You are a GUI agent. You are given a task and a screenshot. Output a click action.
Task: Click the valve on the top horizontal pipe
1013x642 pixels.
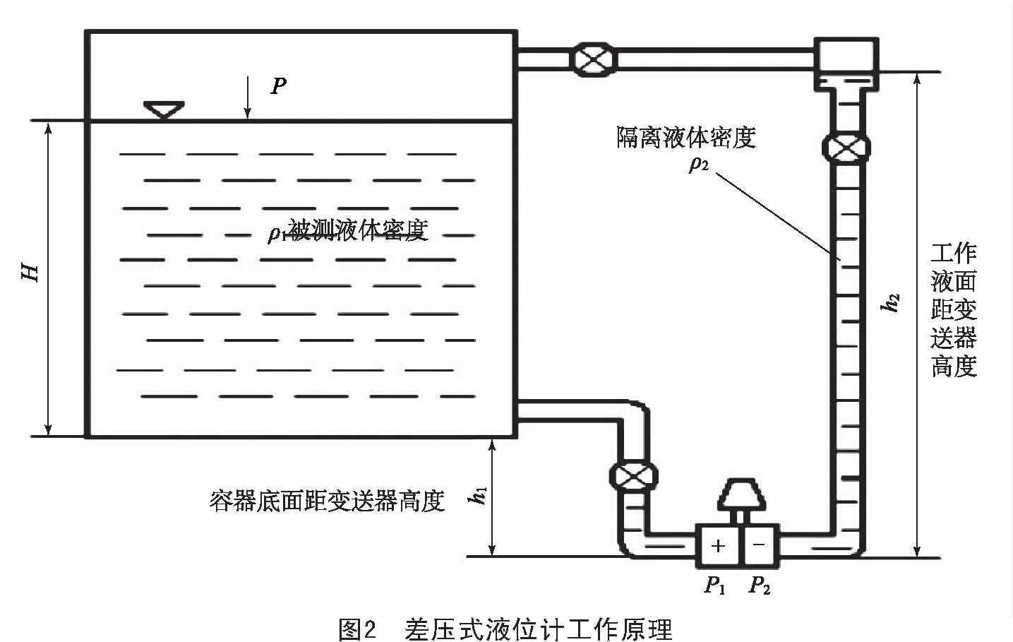pos(592,59)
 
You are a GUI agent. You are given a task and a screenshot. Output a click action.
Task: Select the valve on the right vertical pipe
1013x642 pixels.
pos(846,148)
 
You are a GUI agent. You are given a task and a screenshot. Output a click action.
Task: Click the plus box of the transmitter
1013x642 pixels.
pos(718,545)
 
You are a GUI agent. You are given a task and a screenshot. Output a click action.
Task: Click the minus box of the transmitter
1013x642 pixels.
pos(760,545)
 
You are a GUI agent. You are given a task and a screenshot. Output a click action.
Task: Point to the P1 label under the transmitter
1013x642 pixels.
pos(715,585)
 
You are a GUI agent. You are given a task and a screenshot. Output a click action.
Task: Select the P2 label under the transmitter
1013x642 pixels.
pos(760,585)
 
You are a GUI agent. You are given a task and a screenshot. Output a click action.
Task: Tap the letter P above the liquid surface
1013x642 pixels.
pos(279,86)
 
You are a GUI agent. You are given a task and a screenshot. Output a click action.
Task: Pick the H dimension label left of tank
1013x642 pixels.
pos(30,272)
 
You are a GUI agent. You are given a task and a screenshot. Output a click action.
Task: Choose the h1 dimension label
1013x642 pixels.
pos(478,495)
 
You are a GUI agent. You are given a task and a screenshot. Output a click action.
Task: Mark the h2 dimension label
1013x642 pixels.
pos(892,302)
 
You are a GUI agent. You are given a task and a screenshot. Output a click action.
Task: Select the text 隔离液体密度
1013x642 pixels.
pos(686,137)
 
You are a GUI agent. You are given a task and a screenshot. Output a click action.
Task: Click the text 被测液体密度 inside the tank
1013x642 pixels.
pos(358,230)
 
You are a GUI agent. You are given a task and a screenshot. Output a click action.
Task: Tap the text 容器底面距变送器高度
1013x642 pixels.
pos(327,501)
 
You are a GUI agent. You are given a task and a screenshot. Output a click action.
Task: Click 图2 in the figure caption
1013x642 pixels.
pos(359,629)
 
